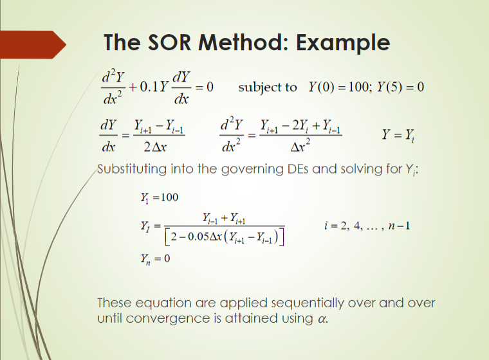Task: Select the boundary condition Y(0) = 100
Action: coord(344,87)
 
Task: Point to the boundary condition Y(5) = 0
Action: coord(403,87)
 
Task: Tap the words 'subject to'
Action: coord(268,87)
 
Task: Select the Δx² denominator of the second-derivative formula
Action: coord(302,147)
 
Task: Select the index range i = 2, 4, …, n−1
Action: coord(368,226)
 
